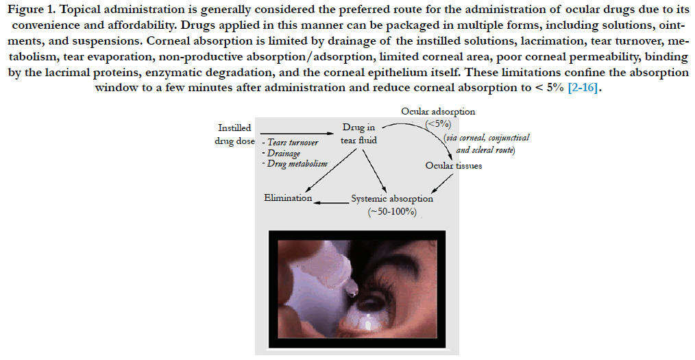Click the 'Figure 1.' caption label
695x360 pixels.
(x=31, y=10)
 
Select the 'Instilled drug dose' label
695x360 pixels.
(x=234, y=134)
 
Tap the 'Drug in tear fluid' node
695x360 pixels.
(x=358, y=134)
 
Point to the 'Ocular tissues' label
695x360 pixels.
(x=454, y=166)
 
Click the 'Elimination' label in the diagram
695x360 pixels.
(x=288, y=197)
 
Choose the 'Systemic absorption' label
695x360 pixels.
(x=392, y=199)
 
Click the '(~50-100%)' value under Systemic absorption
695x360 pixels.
(x=392, y=212)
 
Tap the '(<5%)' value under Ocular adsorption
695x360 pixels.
(x=438, y=124)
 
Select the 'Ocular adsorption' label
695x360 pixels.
(x=438, y=112)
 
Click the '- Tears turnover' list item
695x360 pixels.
(x=290, y=143)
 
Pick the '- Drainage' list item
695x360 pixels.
(x=281, y=154)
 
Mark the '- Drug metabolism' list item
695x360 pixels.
(x=294, y=164)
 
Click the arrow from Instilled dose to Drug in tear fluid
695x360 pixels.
(x=297, y=133)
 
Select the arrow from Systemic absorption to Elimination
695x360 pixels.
(x=331, y=202)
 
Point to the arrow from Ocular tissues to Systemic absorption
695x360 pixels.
(x=442, y=183)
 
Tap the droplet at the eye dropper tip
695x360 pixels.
(x=353, y=291)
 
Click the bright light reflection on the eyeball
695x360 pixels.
(x=368, y=324)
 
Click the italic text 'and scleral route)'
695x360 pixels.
(x=485, y=150)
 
